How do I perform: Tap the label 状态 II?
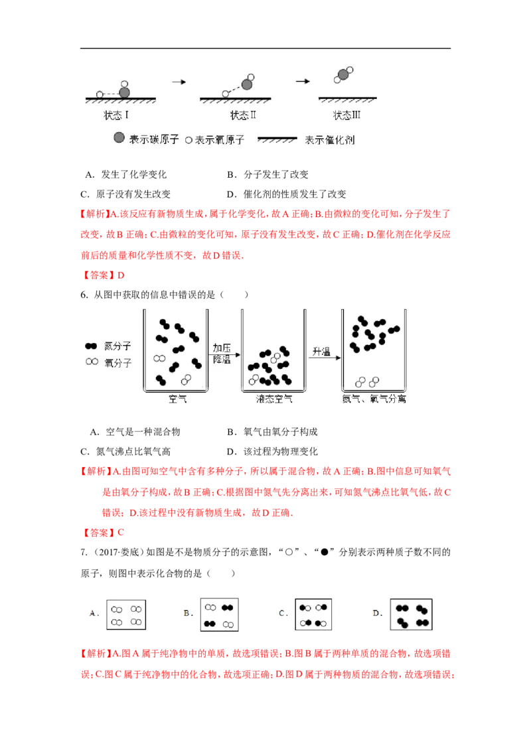[244, 115]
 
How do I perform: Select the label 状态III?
[346, 115]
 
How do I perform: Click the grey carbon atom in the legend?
[119, 139]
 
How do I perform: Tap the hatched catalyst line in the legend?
[278, 139]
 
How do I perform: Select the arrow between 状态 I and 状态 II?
[178, 82]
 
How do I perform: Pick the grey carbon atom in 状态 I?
[125, 92]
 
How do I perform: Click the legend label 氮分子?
[118, 346]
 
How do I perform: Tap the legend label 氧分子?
[118, 363]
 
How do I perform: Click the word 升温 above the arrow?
[321, 352]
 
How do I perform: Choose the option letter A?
[94, 614]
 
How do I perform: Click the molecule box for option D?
[412, 614]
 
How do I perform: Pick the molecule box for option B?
[220, 614]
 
